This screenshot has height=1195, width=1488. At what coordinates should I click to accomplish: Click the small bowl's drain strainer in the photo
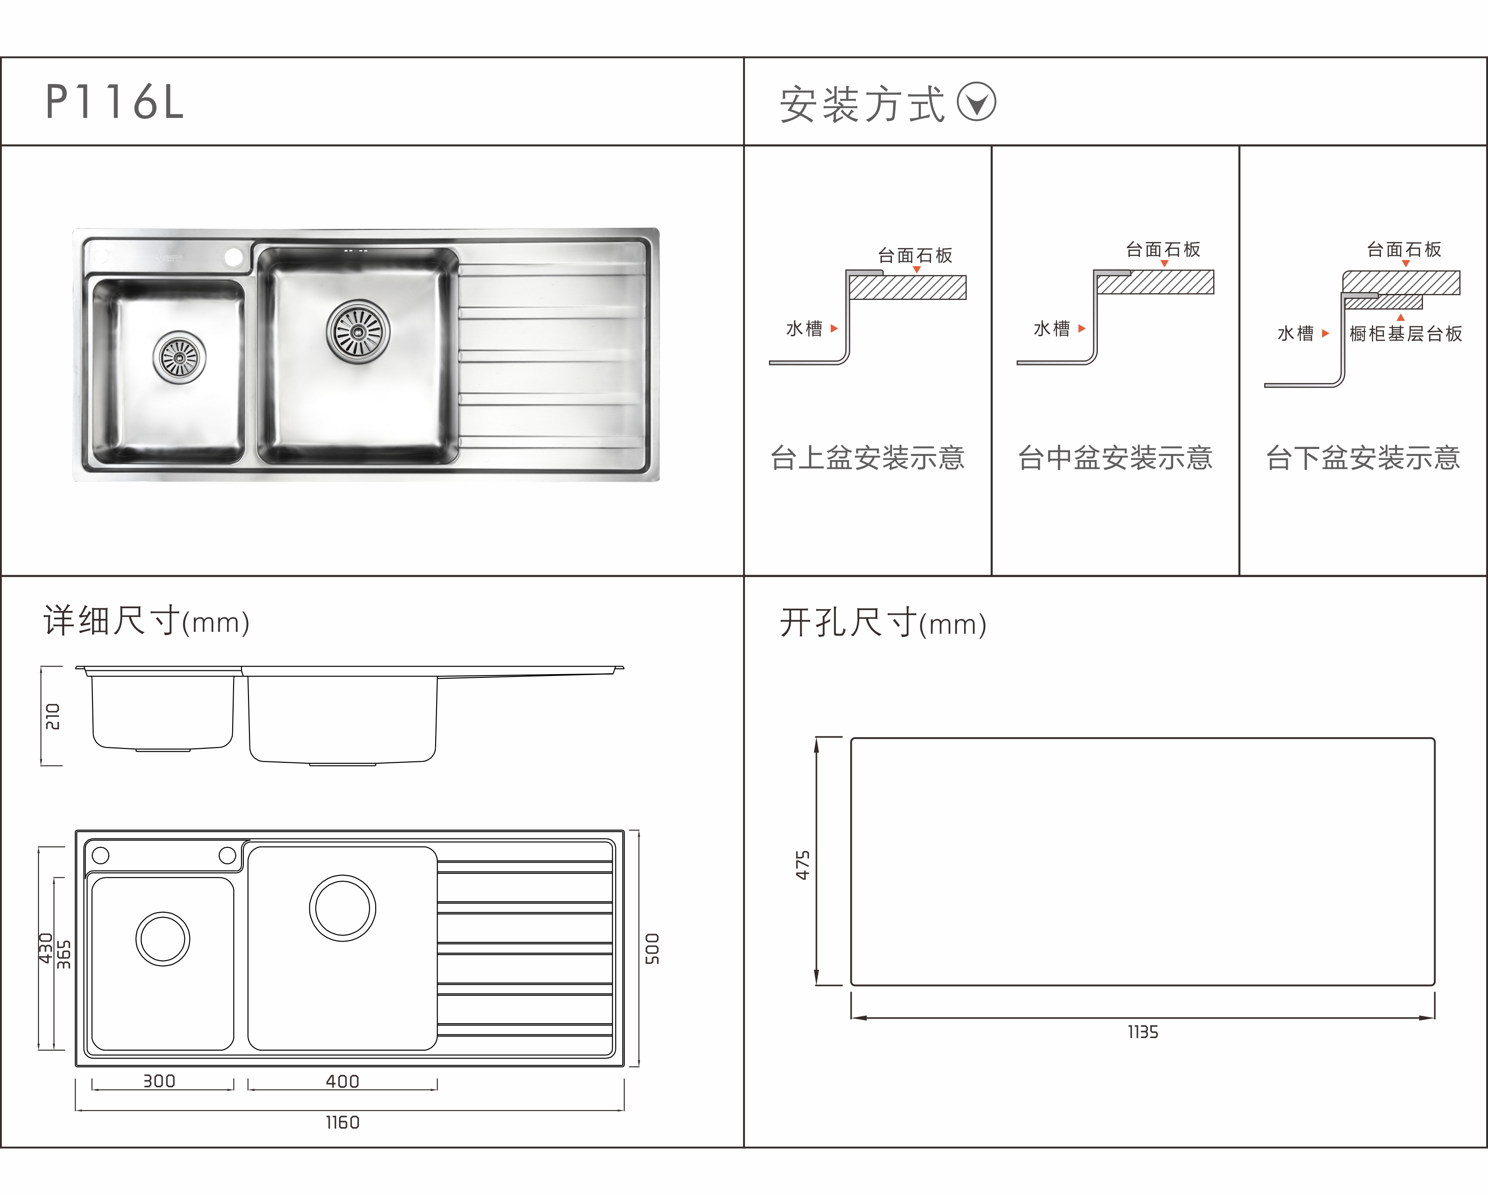tap(179, 357)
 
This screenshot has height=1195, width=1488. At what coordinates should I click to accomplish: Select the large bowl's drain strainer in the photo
tap(358, 331)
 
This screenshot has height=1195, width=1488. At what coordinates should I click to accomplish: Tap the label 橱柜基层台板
tap(1405, 334)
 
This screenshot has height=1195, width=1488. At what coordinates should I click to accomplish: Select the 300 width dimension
tap(159, 1081)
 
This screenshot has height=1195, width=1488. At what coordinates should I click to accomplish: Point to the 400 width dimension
tap(342, 1081)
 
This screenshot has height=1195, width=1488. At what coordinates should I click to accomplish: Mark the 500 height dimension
tap(652, 948)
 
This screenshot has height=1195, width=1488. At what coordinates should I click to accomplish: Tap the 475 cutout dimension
tap(803, 864)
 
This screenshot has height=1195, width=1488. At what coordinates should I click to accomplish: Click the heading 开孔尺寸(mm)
tap(883, 623)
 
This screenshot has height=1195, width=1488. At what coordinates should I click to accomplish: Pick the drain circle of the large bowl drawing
tap(342, 908)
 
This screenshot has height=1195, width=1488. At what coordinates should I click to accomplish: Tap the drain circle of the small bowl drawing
tap(163, 939)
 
